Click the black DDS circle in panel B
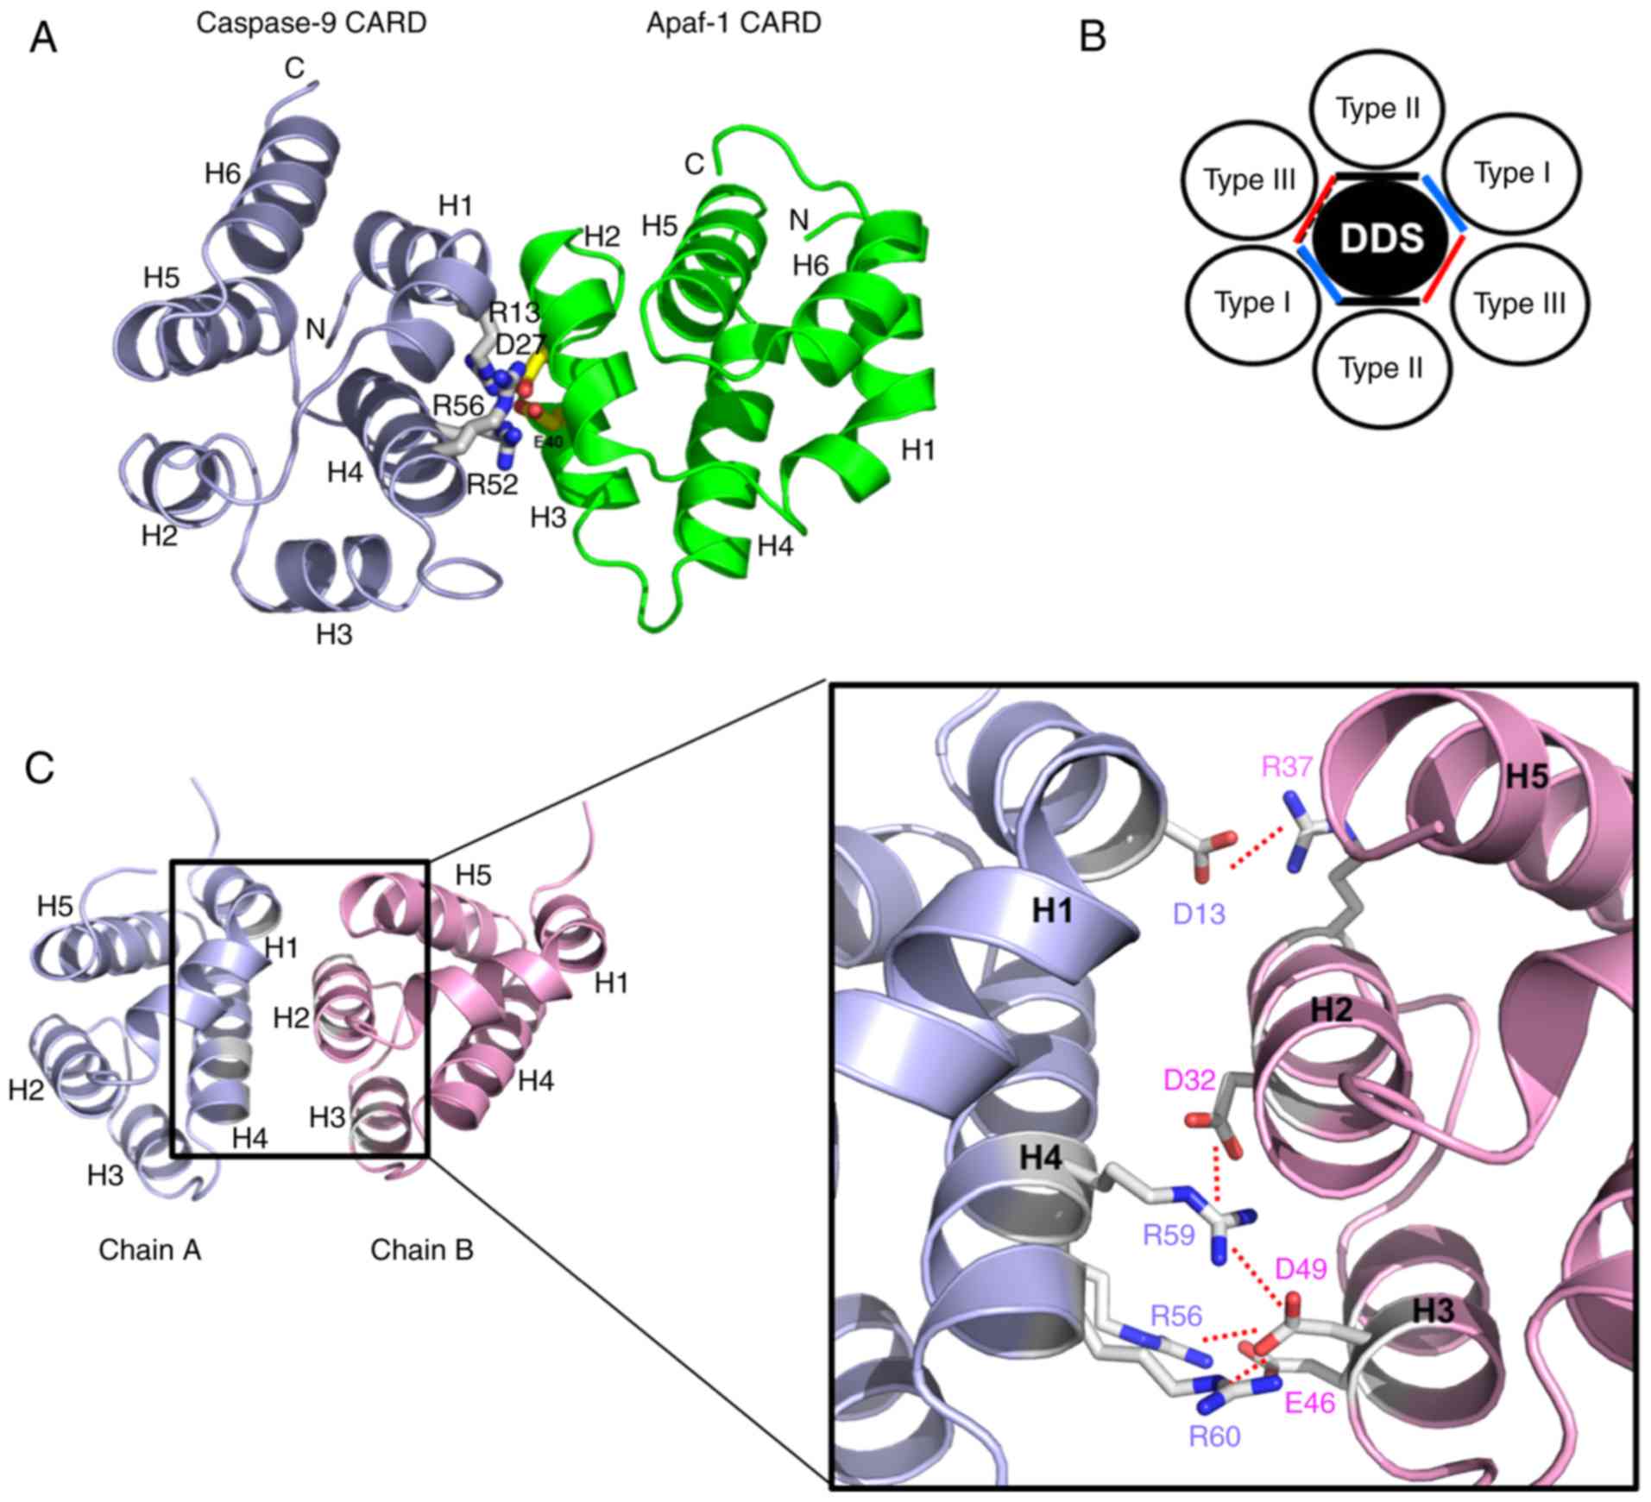1379,239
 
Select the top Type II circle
1377,108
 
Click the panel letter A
43,39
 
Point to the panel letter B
1093,36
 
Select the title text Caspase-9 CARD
311,22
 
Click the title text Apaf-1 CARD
733,22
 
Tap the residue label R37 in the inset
1286,766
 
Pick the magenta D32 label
1190,1079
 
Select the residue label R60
1214,1436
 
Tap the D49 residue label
1301,1268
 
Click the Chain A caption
149,1249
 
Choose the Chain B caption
422,1249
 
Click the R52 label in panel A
492,485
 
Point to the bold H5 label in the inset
1528,777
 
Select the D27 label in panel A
520,345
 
